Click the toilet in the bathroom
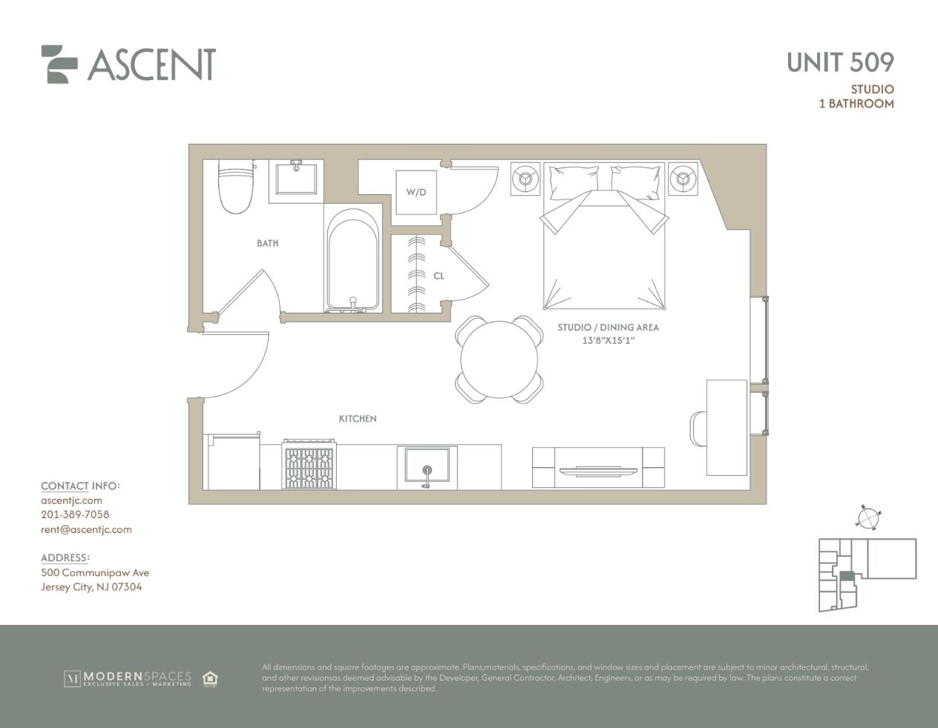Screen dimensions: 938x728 [x=236, y=186]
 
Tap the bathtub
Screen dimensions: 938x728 [x=352, y=260]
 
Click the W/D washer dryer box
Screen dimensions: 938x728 [x=416, y=192]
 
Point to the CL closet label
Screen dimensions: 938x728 [x=439, y=276]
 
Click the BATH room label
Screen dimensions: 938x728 [x=268, y=243]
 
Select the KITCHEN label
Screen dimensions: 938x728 [x=358, y=419]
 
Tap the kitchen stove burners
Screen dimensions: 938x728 [x=309, y=465]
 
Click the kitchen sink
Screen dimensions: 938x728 [x=427, y=466]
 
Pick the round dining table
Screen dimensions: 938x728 [x=499, y=360]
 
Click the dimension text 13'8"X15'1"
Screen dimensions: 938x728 [x=609, y=341]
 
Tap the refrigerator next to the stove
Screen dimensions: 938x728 [x=232, y=461]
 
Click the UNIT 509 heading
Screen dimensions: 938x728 [x=840, y=62]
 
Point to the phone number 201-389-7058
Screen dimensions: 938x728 [x=75, y=514]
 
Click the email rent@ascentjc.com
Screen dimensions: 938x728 [x=86, y=530]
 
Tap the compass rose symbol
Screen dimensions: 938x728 [x=868, y=518]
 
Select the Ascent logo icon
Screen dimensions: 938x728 [x=59, y=64]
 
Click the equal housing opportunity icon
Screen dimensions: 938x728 [x=210, y=678]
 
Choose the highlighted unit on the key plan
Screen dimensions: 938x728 [x=847, y=576]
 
